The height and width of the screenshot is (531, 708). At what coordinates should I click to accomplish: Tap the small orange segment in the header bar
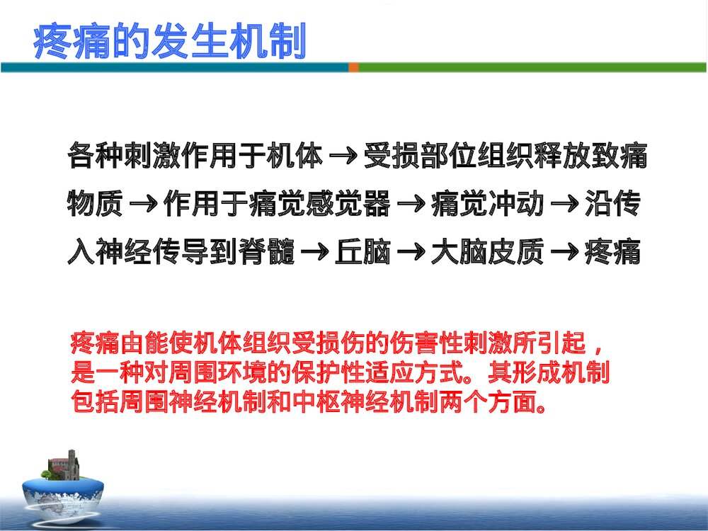pos(353,67)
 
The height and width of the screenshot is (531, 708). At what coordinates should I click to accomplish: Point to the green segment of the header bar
pos(531,67)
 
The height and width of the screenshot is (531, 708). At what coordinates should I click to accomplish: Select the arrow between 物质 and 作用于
pos(143,206)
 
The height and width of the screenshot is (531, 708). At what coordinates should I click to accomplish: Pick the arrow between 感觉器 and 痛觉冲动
pos(410,206)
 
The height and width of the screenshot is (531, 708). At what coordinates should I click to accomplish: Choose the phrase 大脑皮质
pos(488,253)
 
